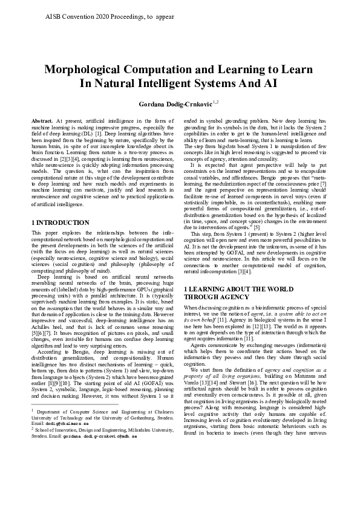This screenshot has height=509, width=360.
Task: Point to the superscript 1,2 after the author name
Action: (x=215, y=102)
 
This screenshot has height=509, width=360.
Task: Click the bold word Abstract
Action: (x=42, y=122)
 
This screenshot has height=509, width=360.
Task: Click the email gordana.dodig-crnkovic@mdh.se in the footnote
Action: (x=106, y=487)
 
